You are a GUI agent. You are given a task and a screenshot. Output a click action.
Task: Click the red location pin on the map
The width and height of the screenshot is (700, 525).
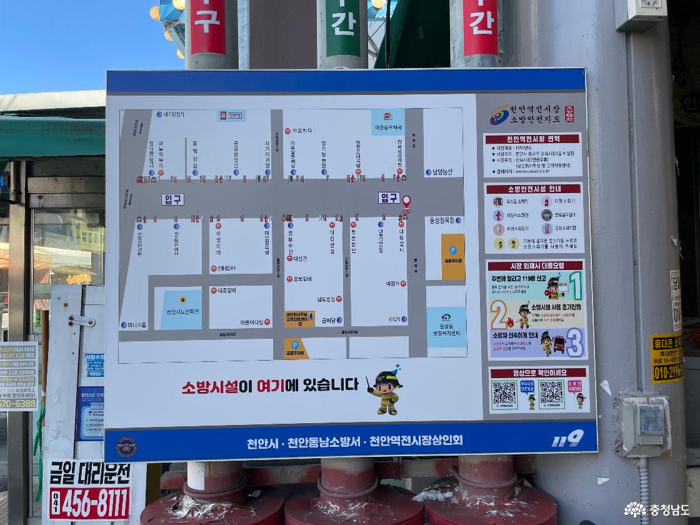[406, 201]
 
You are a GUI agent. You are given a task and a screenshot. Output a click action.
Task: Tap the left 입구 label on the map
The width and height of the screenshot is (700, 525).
[172, 199]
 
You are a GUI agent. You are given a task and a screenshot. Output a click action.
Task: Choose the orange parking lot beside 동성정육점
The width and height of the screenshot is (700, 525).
[453, 256]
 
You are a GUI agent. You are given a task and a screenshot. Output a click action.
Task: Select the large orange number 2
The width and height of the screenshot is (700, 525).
[498, 315]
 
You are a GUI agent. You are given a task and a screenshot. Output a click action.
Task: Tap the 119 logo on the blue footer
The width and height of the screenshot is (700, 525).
[567, 439]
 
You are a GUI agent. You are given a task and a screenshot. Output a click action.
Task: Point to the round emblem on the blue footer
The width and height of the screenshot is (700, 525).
[126, 446]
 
